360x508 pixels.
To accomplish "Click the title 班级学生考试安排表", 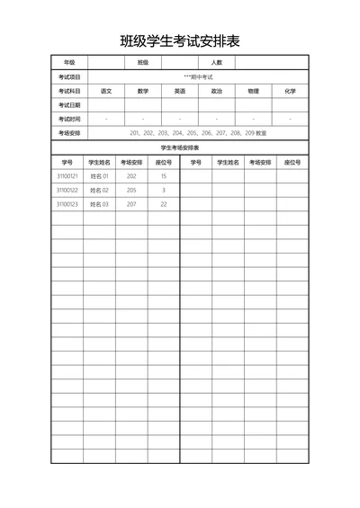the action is coord(180,40).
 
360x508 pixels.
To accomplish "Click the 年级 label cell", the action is coord(69,62).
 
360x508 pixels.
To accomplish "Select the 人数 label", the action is coord(216,62).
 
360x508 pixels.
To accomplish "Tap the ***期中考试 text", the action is coord(198,76).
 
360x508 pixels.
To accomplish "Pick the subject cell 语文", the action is coord(106,91).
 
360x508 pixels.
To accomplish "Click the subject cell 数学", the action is coord(143,91).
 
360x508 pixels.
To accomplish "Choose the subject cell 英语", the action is coord(180,91).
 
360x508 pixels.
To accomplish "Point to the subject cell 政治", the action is coord(217,91).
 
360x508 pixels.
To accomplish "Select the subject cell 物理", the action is coord(253,91).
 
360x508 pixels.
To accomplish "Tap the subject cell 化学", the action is coord(290,91).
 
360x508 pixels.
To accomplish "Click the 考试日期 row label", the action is coord(69,105).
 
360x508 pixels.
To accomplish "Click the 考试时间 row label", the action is coord(69,119).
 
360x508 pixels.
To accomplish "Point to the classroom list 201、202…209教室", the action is coord(198,133).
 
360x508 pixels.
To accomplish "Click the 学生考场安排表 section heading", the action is coord(180,147).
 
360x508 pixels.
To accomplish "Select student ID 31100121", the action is coord(67,176).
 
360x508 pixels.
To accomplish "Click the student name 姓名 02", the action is coord(99,191).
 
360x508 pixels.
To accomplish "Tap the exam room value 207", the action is coord(131,204).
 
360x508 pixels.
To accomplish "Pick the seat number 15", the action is coord(164,176).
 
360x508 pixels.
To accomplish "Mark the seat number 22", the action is coord(164,204).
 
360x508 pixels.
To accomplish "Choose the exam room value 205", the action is coord(131,191).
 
